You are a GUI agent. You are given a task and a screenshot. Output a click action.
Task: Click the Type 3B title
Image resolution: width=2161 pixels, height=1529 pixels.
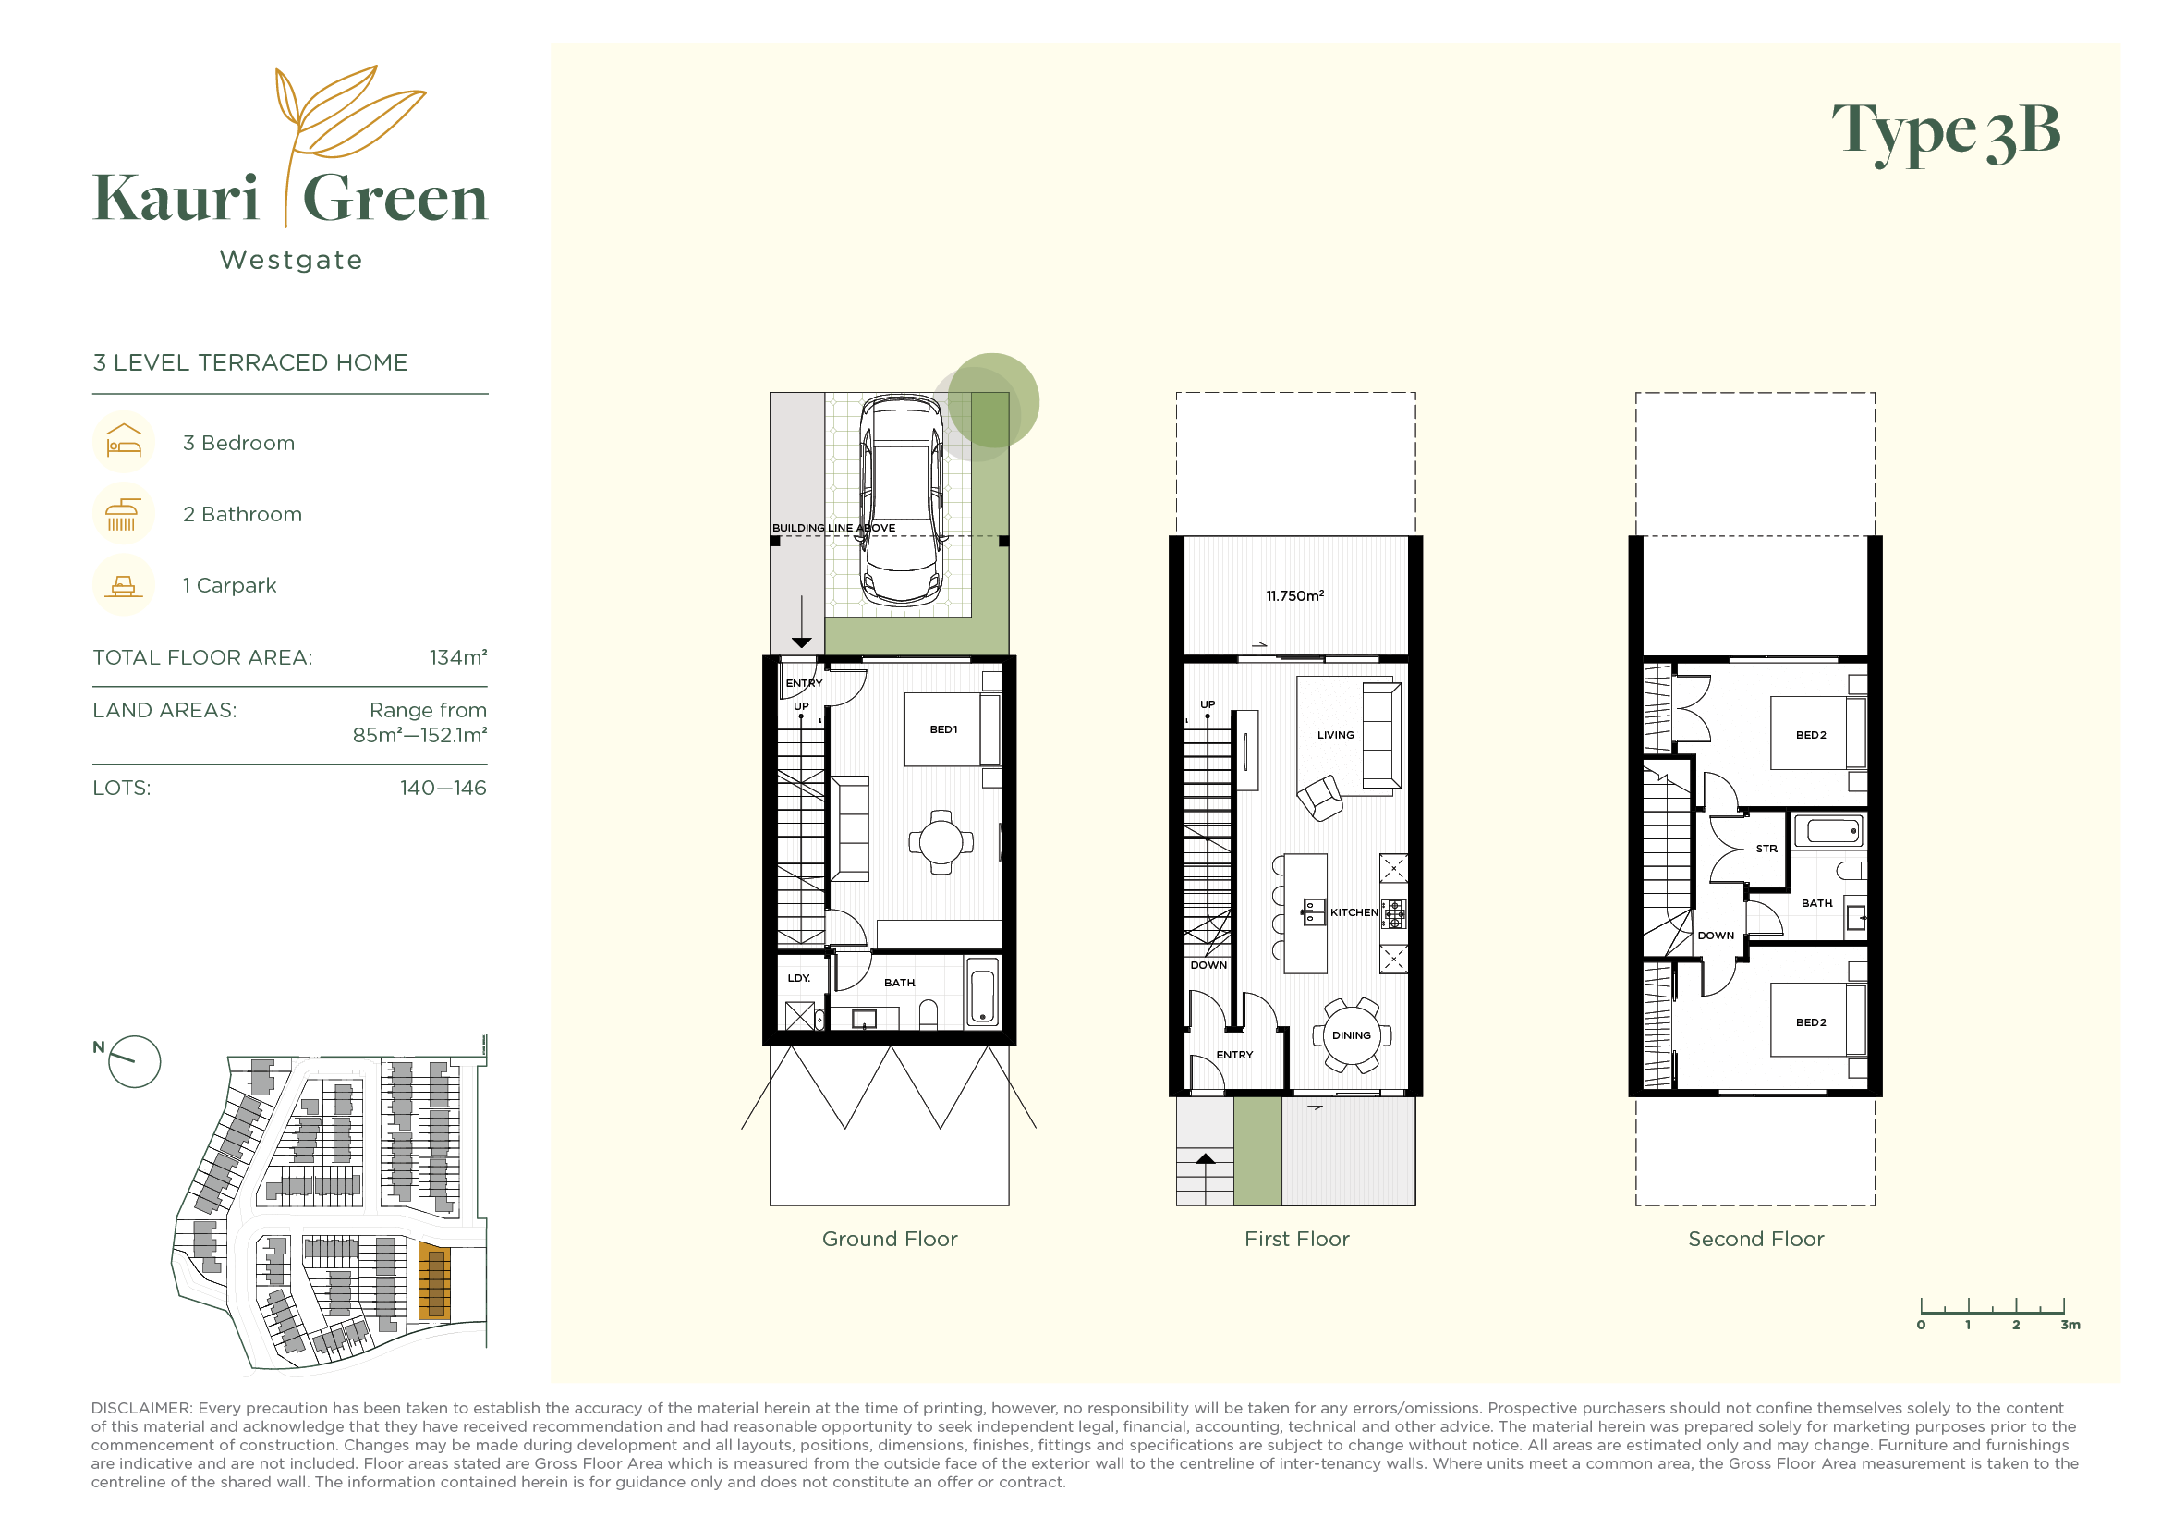pyautogui.click(x=1946, y=133)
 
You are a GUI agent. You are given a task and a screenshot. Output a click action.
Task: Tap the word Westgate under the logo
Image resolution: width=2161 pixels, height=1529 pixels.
pyautogui.click(x=291, y=260)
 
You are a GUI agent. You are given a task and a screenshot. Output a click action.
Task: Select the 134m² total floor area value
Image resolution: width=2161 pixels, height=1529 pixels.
pyautogui.click(x=458, y=657)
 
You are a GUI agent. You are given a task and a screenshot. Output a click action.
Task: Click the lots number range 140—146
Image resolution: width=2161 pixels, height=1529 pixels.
pyautogui.click(x=443, y=788)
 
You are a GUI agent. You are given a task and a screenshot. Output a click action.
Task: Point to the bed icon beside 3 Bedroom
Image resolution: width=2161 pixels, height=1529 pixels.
pyautogui.click(x=123, y=442)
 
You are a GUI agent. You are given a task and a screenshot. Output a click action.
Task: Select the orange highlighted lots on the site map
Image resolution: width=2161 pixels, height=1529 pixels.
pyautogui.click(x=434, y=1280)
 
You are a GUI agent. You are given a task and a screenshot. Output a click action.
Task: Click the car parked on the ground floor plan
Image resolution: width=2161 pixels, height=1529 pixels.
pyautogui.click(x=902, y=501)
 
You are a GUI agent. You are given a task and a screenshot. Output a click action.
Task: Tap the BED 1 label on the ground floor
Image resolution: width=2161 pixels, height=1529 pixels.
pyautogui.click(x=943, y=729)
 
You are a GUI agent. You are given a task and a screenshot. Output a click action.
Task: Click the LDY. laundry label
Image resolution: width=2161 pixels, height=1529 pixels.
pyautogui.click(x=799, y=978)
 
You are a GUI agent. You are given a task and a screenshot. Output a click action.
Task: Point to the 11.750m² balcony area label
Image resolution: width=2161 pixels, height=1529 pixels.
pyautogui.click(x=1295, y=596)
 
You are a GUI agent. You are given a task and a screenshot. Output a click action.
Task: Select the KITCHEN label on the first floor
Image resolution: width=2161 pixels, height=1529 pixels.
pyautogui.click(x=1354, y=912)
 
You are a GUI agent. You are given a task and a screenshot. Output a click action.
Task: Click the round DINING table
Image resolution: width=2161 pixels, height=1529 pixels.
pyautogui.click(x=1352, y=1034)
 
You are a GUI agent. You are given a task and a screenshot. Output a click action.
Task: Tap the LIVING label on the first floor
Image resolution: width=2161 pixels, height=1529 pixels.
pyautogui.click(x=1336, y=735)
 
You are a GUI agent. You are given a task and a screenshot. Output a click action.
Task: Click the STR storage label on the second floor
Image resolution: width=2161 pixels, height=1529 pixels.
pyautogui.click(x=1766, y=849)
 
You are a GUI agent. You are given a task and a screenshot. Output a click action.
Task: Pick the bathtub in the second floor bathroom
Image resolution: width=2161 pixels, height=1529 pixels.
pyautogui.click(x=1828, y=831)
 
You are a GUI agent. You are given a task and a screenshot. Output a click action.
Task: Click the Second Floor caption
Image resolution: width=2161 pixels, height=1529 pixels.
pyautogui.click(x=1755, y=1239)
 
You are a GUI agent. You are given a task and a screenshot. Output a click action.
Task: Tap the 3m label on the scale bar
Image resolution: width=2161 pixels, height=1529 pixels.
pyautogui.click(x=2070, y=1325)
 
